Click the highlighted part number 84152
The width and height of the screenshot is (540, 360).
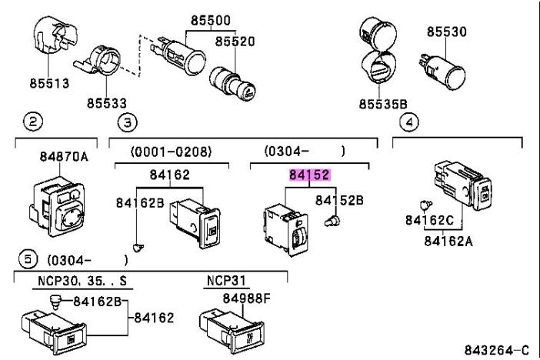click(310, 175)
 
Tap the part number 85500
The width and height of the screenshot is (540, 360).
click(204, 22)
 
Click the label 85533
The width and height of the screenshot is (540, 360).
click(106, 102)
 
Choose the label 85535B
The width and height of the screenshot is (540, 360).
click(382, 102)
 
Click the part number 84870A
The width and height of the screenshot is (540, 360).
click(64, 157)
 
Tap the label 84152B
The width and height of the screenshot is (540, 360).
click(338, 200)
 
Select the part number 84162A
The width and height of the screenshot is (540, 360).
click(449, 240)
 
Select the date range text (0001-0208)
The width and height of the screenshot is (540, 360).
click(171, 152)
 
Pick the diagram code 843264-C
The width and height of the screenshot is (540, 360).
click(496, 350)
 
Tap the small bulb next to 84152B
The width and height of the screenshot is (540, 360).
click(332, 222)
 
